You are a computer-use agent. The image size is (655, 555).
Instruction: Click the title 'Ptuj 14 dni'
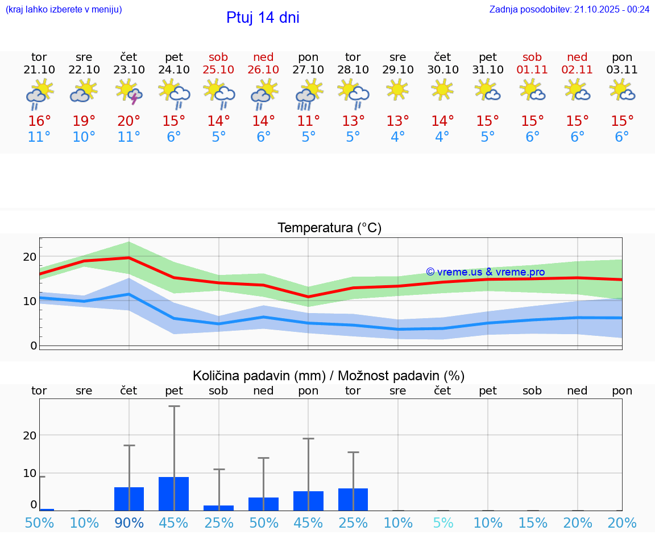(263, 18)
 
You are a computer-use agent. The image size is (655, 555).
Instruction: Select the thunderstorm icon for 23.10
(129, 92)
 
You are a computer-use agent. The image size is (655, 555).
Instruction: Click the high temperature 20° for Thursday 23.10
(129, 121)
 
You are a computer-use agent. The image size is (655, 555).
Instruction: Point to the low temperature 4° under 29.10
(397, 137)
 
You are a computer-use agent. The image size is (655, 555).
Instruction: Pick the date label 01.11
(532, 69)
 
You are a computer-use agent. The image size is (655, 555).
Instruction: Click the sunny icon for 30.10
(442, 89)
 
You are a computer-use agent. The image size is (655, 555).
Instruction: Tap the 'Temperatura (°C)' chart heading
(329, 228)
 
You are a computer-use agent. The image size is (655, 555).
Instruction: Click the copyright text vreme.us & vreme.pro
(485, 272)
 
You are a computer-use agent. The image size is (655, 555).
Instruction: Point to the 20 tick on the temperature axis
(30, 257)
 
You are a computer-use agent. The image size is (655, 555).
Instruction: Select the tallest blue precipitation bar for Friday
(173, 494)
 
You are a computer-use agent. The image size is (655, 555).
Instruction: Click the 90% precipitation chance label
(129, 523)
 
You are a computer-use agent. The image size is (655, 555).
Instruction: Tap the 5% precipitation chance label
(442, 523)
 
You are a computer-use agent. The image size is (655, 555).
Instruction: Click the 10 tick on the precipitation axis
(30, 473)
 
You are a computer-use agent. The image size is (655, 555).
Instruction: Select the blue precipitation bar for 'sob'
(218, 508)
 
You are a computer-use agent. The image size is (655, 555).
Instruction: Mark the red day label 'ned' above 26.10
(263, 57)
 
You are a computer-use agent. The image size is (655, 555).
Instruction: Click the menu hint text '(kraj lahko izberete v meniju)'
(64, 9)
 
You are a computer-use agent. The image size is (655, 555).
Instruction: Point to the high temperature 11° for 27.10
(308, 121)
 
